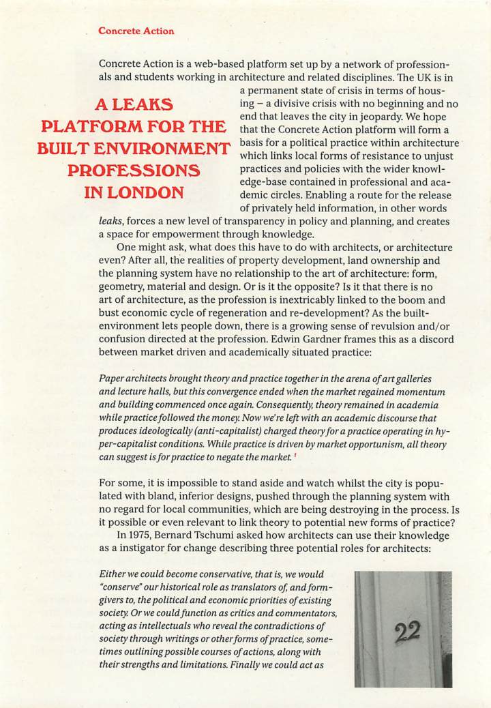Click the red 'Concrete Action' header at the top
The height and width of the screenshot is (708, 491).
click(136, 31)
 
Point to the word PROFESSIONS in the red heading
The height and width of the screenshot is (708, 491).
click(134, 171)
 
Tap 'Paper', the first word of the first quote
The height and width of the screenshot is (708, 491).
click(113, 379)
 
